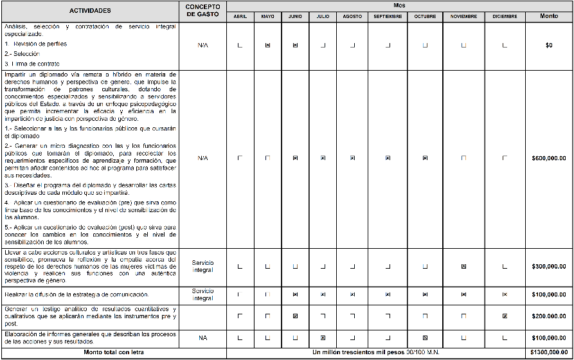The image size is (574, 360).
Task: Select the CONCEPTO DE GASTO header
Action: (x=203, y=11)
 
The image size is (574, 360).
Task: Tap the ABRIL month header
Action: (x=240, y=16)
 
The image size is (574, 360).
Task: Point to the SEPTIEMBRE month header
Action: (x=388, y=16)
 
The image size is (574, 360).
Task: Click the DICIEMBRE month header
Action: (x=504, y=16)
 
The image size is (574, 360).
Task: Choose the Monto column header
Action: (x=549, y=16)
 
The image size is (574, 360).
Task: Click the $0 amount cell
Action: (x=549, y=46)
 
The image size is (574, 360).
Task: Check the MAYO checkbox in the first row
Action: (x=267, y=46)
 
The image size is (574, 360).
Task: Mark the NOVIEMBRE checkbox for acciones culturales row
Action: (x=463, y=266)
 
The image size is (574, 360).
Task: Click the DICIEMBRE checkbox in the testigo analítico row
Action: (x=505, y=316)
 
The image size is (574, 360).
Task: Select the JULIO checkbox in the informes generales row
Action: (x=323, y=337)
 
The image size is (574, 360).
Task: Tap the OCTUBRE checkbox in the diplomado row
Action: (x=425, y=157)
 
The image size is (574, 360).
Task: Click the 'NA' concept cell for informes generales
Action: (x=203, y=337)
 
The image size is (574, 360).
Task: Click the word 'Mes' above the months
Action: (x=399, y=4)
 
